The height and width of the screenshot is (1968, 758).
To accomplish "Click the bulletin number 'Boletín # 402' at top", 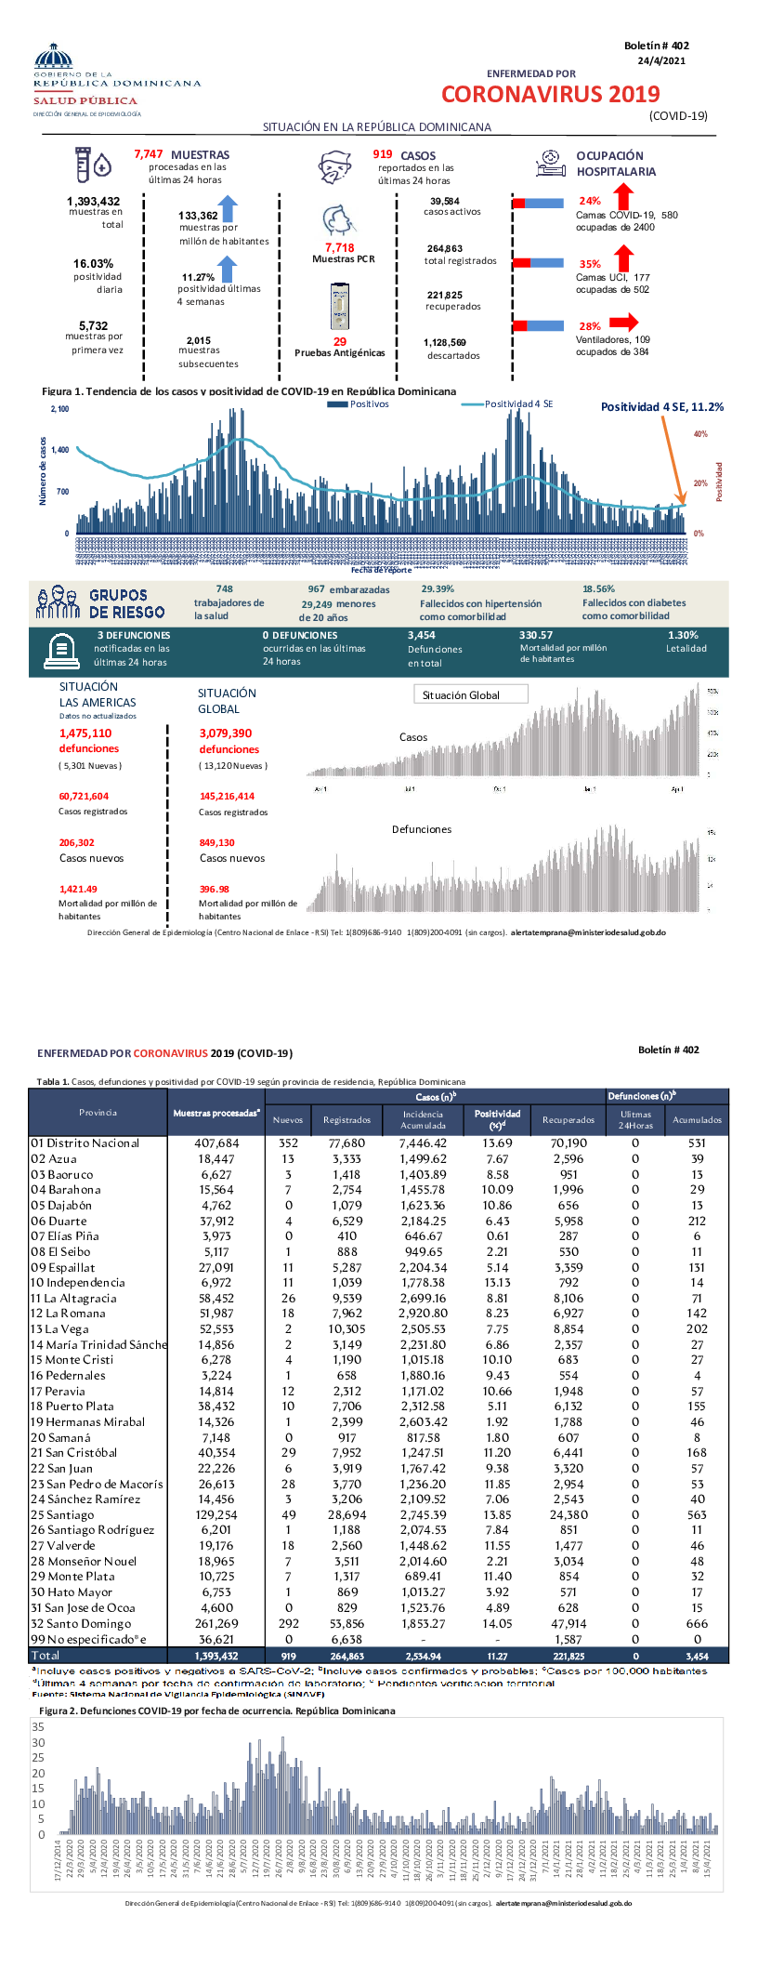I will click(x=656, y=46).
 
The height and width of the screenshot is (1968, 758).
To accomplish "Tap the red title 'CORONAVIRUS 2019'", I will click(x=550, y=94).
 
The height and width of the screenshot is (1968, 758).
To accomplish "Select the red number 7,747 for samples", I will click(x=149, y=154).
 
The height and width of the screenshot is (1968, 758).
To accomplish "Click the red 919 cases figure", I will click(x=383, y=154).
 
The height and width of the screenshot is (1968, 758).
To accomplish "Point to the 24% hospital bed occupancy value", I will click(x=590, y=201).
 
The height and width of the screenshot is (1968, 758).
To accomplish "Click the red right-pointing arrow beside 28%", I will click(x=623, y=323).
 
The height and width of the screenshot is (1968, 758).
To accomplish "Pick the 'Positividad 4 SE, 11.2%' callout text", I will click(x=661, y=407).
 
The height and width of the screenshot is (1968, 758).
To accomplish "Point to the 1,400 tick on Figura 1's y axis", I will click(x=60, y=450).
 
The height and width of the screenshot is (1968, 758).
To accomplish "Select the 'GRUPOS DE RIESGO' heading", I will click(x=126, y=603).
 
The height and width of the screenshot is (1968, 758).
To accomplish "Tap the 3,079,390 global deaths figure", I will click(x=225, y=733).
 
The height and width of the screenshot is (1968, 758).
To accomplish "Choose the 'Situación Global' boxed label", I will click(x=469, y=694).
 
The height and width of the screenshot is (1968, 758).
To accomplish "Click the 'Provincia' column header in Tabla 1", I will click(x=98, y=1113).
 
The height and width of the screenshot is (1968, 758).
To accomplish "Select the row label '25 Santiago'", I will click(x=62, y=1514).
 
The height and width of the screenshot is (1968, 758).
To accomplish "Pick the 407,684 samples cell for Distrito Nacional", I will click(x=216, y=1143).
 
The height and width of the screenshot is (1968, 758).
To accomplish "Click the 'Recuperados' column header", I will click(x=568, y=1119).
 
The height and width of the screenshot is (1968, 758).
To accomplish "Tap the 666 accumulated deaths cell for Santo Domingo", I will click(x=697, y=1623).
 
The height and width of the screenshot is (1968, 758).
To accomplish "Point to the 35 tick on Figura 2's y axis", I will click(x=38, y=1727).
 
